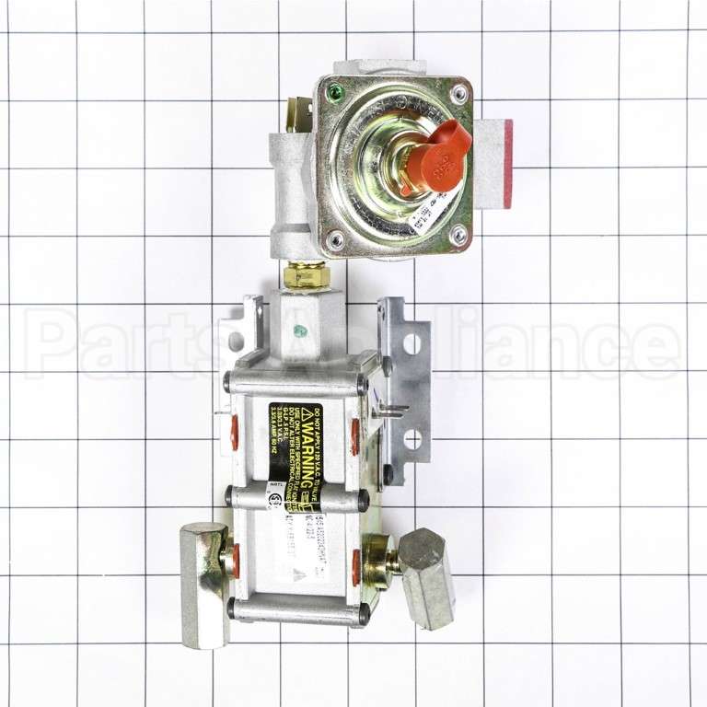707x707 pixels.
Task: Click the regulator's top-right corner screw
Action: [x=458, y=93]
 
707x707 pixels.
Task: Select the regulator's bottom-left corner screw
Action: [x=335, y=238]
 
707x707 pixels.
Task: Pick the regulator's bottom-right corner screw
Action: [x=458, y=236]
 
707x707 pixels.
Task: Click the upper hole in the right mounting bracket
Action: [x=411, y=344]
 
